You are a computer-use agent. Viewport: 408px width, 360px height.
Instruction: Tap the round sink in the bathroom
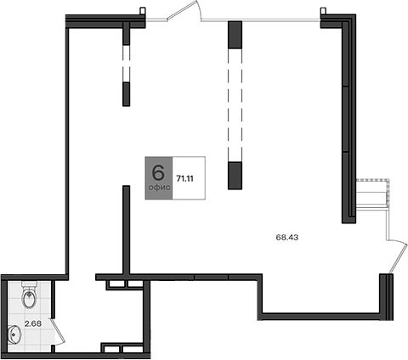point(14,335)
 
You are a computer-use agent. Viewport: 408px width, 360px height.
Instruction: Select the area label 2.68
point(33,323)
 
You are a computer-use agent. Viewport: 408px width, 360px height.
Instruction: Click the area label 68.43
point(287,237)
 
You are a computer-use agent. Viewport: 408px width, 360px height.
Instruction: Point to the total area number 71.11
point(184,178)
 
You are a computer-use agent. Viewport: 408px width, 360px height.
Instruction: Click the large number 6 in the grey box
point(158,172)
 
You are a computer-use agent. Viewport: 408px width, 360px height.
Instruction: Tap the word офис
point(159,188)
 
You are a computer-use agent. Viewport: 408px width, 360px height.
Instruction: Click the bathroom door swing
point(58,331)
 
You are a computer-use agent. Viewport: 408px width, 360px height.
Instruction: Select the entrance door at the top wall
point(184,11)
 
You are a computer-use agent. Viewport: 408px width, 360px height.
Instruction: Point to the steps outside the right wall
point(372,194)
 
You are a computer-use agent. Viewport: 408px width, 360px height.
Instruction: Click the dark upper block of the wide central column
point(235,35)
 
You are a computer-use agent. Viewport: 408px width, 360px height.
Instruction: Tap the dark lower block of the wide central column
point(235,176)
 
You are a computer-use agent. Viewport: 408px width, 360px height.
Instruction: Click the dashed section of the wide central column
point(235,105)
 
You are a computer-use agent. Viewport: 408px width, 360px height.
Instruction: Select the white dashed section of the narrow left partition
point(127,64)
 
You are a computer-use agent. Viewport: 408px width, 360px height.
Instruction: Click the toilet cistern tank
point(29,284)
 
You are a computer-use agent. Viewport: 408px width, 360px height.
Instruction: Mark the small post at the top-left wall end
point(143,11)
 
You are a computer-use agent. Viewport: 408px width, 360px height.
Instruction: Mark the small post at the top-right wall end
point(323,11)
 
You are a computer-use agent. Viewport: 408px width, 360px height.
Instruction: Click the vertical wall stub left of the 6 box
point(127,229)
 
